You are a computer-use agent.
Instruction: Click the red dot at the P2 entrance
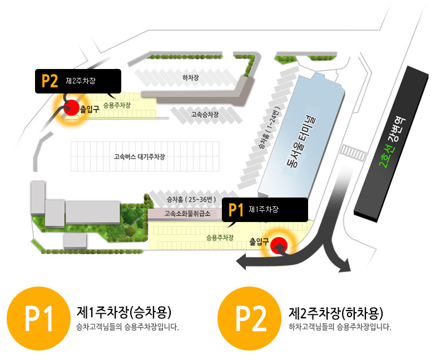pos(71,107)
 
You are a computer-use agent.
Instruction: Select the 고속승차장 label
pos(205,115)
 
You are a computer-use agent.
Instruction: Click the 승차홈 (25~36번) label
pos(190,199)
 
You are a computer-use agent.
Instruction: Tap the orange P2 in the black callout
pos(50,81)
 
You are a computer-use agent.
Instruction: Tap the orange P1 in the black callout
pos(236,210)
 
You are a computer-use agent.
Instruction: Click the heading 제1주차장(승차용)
pos(124,312)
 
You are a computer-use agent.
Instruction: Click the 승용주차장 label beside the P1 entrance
pos(219,237)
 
